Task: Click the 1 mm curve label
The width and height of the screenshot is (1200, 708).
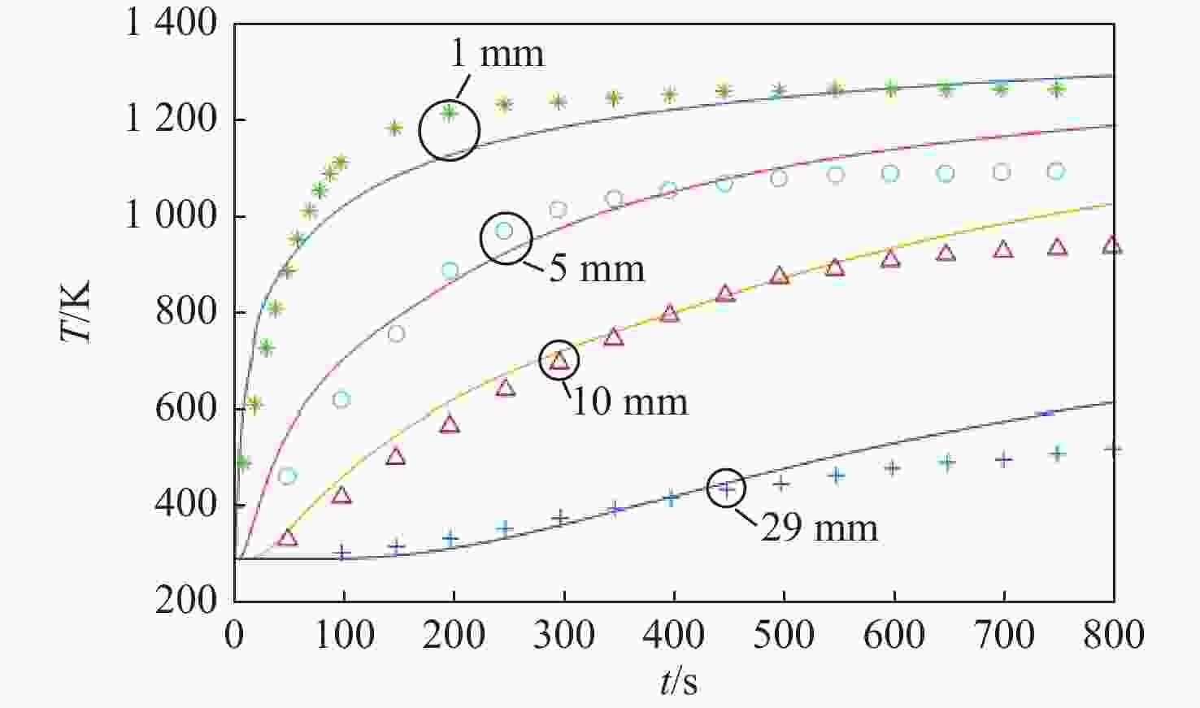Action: [x=497, y=54]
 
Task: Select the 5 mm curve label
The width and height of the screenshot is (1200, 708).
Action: [x=597, y=269]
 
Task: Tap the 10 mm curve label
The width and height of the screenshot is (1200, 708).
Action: [x=630, y=402]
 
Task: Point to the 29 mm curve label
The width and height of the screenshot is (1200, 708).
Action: [x=819, y=528]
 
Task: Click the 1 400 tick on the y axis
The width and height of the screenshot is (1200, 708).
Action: [x=171, y=24]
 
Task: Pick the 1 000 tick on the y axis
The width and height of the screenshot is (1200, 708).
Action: [x=171, y=216]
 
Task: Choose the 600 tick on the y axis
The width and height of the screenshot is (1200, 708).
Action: [x=186, y=409]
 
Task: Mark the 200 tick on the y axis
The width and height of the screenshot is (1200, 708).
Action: [x=186, y=601]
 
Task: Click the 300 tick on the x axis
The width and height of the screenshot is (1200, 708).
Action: [x=564, y=635]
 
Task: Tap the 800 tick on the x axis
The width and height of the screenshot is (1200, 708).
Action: [x=1112, y=635]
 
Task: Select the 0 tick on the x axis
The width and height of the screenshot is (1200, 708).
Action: [x=235, y=635]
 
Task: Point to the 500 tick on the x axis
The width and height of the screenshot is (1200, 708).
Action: [x=784, y=635]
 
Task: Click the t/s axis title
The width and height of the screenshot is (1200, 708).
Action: [x=679, y=683]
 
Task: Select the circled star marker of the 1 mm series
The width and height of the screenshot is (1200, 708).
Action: [x=449, y=112]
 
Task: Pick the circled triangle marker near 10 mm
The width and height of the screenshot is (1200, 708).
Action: [x=559, y=360]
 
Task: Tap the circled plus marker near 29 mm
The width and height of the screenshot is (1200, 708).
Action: [x=727, y=488]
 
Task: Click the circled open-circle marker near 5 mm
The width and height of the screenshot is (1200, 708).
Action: [x=504, y=231]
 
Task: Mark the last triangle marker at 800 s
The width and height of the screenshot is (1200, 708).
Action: [x=1112, y=245]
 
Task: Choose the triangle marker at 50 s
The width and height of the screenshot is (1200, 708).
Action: [x=287, y=537]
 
